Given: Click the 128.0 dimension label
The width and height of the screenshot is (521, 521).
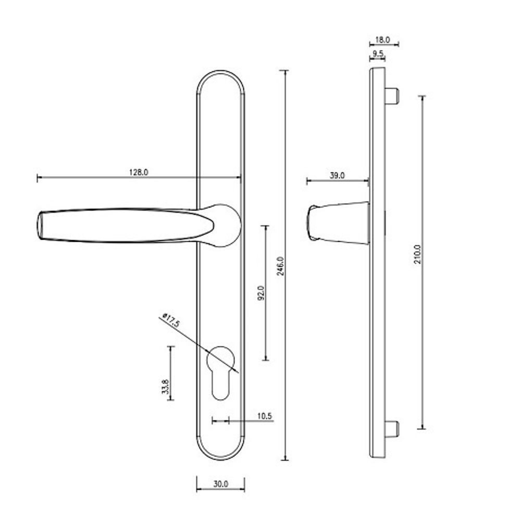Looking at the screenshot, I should pos(138,172).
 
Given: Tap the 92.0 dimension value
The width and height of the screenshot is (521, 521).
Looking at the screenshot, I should pos(262,293).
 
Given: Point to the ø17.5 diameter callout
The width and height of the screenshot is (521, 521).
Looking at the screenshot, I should pos(171,319).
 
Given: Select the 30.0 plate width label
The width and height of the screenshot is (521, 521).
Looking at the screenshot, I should pos(220,483).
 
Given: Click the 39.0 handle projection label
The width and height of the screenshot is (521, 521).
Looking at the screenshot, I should pos(337,176).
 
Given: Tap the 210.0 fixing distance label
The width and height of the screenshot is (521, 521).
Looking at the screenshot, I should pos(417,254).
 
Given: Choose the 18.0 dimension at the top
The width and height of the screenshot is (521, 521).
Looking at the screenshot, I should pos(383,39).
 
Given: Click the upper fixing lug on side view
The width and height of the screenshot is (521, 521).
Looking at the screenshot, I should pos(393,96).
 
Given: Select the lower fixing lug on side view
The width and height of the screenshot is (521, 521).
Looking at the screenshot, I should pos(393,429).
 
